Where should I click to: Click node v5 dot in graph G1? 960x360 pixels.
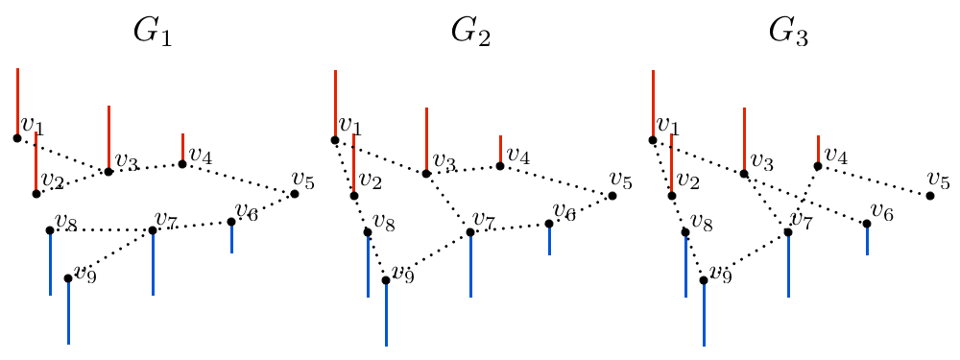tap(295, 194)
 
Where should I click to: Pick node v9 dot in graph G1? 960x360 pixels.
tap(68, 278)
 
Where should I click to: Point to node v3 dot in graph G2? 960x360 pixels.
tap(426, 174)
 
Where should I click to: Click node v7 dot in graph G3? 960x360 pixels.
tap(788, 231)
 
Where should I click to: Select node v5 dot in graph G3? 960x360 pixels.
tap(930, 196)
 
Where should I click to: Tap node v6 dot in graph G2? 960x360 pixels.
tap(549, 224)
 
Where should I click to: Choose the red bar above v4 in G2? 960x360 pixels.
tap(500, 149)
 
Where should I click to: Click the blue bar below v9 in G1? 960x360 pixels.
tap(68, 311)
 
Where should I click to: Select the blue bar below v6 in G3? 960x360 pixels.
tap(867, 239)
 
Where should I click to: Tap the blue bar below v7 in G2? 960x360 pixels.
tap(470, 264)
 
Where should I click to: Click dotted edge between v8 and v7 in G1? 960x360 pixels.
tap(101, 230)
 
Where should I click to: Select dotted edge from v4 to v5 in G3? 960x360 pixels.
tap(874, 180)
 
